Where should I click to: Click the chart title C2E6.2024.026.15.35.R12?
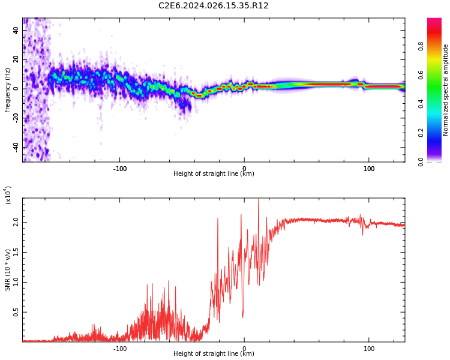point(213,5)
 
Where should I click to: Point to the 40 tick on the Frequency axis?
point(16,30)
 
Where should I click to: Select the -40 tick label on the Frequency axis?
point(16,147)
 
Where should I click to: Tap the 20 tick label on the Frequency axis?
point(16,59)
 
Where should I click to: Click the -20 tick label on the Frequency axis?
point(16,118)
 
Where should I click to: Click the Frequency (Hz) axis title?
point(7,90)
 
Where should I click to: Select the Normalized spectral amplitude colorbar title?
point(445,90)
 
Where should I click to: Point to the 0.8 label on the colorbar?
point(421,46)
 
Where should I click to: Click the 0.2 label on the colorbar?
point(421,133)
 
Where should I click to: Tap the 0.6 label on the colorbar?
point(421,75)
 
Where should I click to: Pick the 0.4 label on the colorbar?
point(421,104)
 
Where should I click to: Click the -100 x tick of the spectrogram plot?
point(119,169)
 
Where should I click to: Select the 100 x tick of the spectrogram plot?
point(369,169)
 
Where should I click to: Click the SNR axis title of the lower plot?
point(7,270)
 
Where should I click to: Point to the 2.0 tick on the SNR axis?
point(16,223)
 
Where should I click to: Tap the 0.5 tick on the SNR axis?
point(16,313)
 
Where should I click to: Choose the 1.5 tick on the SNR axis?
point(16,253)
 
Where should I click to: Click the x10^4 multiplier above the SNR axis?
point(8,195)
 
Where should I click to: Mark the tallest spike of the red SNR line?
point(259,199)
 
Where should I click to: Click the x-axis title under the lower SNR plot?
point(214,353)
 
